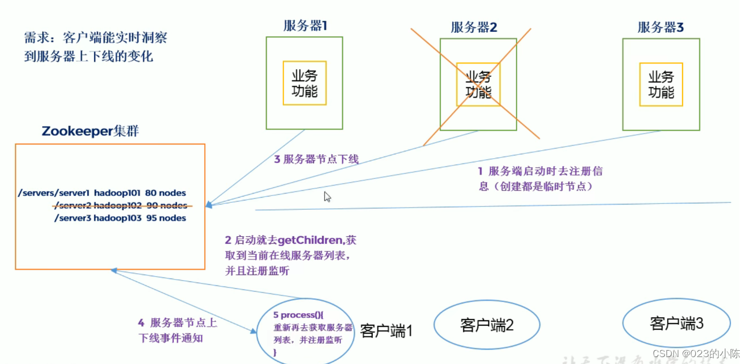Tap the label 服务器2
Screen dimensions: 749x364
474,27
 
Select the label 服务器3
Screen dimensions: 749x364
661,27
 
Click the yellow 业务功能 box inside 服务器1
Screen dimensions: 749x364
305,83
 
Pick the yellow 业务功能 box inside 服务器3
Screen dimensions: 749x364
661,84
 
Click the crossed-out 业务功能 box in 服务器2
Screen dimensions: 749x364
478,84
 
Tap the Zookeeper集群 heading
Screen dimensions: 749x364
91,131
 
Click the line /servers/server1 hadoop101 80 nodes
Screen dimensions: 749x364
102,193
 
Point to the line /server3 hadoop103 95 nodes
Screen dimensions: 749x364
120,218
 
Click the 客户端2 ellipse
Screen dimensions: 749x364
487,325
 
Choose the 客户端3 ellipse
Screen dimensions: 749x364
676,323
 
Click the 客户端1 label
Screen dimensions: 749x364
387,330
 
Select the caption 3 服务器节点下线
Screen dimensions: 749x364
316,159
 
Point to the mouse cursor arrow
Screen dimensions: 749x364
327,196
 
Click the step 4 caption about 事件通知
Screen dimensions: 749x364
177,330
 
